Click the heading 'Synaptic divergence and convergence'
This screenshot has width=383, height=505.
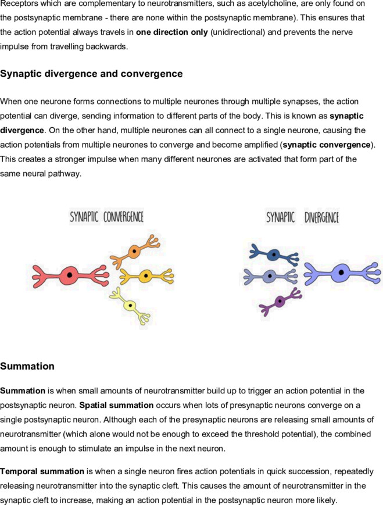91,74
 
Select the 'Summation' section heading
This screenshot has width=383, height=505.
27,366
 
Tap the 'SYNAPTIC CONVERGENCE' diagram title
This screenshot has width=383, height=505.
106,217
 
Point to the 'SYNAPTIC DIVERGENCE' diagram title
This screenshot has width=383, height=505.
302,217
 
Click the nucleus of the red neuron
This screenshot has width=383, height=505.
69,275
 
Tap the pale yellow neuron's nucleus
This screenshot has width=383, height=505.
130,305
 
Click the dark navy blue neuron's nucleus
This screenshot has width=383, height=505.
274,255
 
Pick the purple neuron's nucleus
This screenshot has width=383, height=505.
280,302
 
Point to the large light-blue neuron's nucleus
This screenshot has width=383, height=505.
341,273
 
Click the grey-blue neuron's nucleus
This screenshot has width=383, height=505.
270,276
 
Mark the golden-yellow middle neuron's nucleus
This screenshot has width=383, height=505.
146,275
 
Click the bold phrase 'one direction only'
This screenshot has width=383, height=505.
172,32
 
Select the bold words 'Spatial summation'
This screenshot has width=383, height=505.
117,405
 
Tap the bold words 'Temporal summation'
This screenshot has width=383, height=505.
42,471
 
